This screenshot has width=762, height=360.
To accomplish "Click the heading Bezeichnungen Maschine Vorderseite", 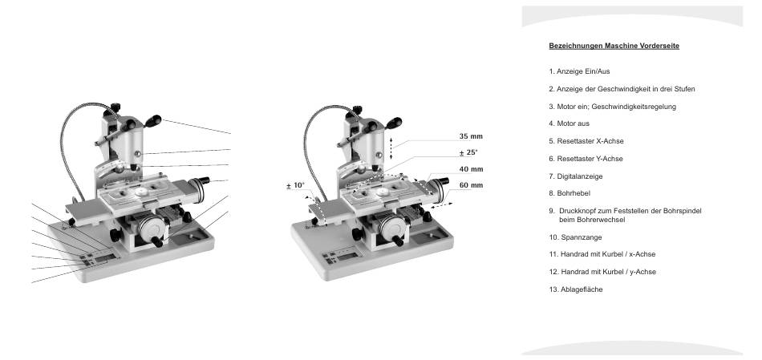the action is pos(614,47).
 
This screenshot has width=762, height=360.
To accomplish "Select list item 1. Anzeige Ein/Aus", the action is pos(579,71).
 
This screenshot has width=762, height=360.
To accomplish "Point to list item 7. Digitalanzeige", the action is pos(576,176).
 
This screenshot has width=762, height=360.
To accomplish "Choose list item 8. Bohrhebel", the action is pos(569,193).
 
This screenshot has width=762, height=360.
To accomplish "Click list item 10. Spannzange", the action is pos(575,237).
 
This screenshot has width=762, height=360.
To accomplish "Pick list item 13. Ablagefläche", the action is pos(576,289).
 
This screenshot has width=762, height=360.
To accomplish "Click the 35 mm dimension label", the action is pos(471,136).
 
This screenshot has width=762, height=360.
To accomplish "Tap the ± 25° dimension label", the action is pos(468,152).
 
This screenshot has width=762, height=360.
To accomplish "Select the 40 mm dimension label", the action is pos(471,169).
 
